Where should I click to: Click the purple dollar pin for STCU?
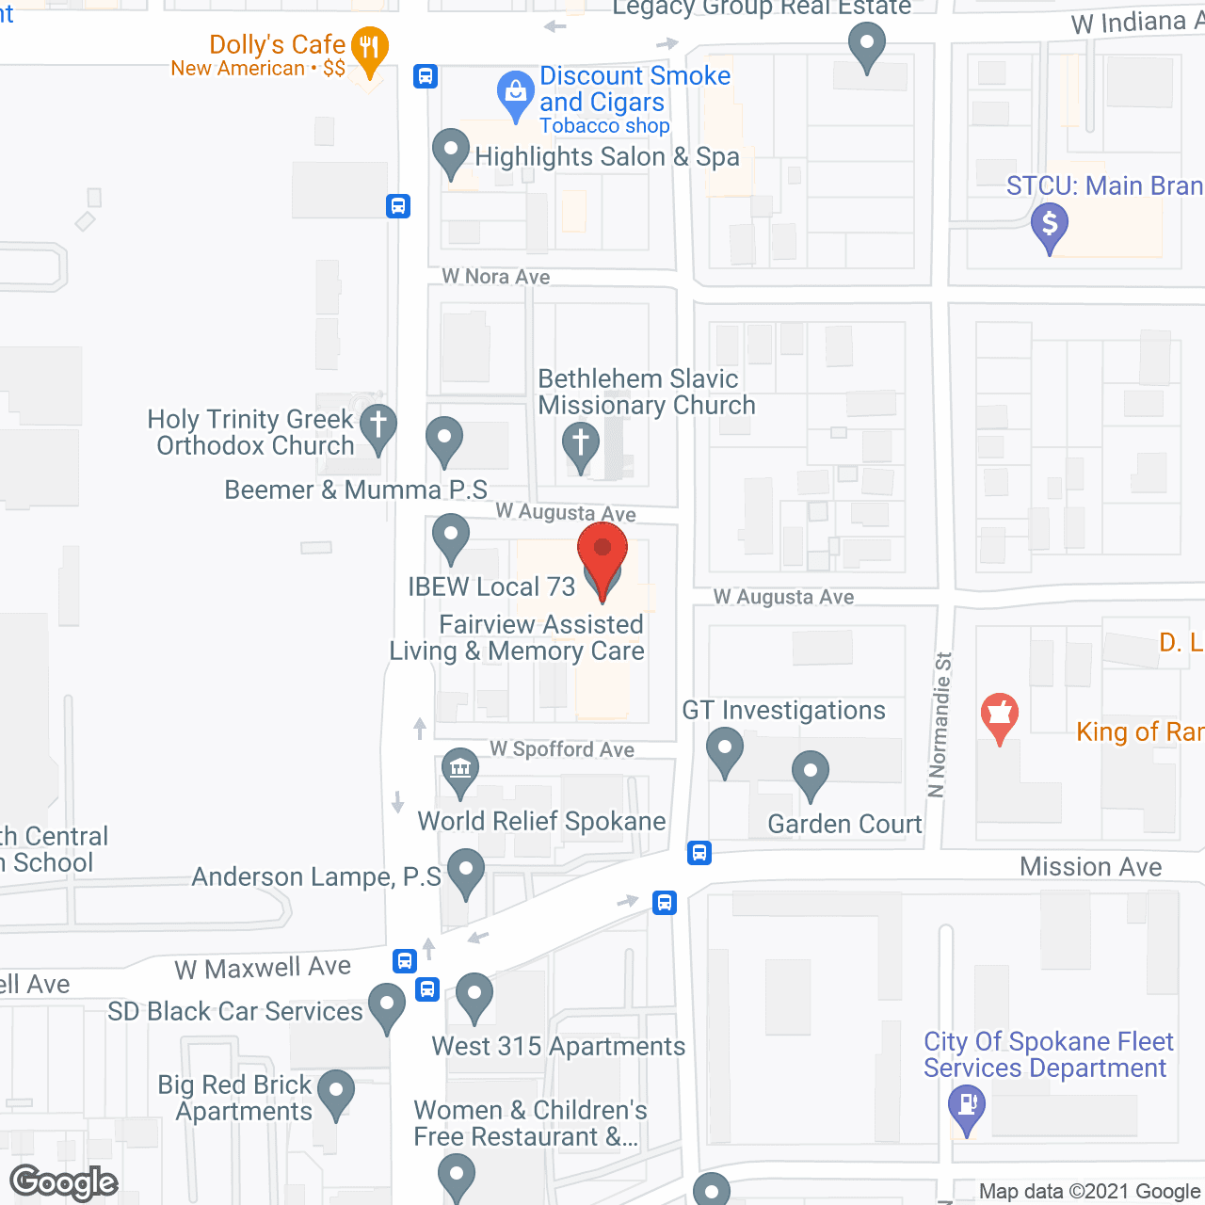pyautogui.click(x=1049, y=226)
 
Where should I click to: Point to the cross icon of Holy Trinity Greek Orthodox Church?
pyautogui.click(x=378, y=426)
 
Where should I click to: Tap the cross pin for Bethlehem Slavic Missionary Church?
pyautogui.click(x=581, y=443)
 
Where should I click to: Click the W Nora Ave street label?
pyautogui.click(x=496, y=277)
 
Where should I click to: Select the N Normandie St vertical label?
pyautogui.click(x=940, y=725)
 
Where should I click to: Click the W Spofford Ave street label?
pyautogui.click(x=562, y=749)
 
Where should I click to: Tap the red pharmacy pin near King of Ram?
pyautogui.click(x=1000, y=715)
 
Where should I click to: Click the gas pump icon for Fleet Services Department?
pyautogui.click(x=967, y=1105)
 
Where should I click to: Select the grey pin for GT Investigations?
pyautogui.click(x=725, y=751)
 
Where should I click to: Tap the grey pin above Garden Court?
pyautogui.click(x=810, y=773)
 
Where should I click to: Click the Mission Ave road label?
pyautogui.click(x=1090, y=867)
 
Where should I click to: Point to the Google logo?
pyautogui.click(x=64, y=1182)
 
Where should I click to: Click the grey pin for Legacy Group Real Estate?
pyautogui.click(x=866, y=44)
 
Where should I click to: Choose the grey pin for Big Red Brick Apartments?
pyautogui.click(x=336, y=1092)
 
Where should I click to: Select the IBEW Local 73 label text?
pyautogui.click(x=491, y=587)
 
